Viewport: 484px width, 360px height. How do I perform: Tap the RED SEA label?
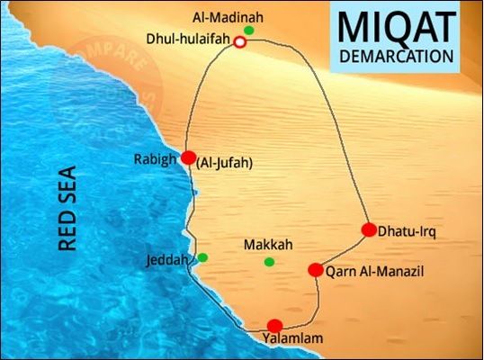tap(66, 206)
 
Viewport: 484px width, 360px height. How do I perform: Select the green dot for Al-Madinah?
tap(248, 31)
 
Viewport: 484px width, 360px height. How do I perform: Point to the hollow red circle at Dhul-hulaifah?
tap(240, 42)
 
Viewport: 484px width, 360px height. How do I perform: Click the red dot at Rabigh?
tap(188, 157)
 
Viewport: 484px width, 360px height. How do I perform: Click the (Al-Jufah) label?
tap(222, 163)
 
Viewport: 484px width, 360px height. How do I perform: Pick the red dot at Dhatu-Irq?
tap(368, 229)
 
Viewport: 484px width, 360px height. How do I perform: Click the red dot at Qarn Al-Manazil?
tap(316, 270)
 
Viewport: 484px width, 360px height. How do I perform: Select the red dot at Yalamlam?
tap(275, 326)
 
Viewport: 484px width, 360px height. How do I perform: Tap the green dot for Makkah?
tap(269, 262)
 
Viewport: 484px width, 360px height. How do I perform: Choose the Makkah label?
tap(270, 245)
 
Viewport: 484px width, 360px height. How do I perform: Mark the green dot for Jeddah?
tap(203, 258)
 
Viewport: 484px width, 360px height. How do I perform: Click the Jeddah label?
tap(167, 260)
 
